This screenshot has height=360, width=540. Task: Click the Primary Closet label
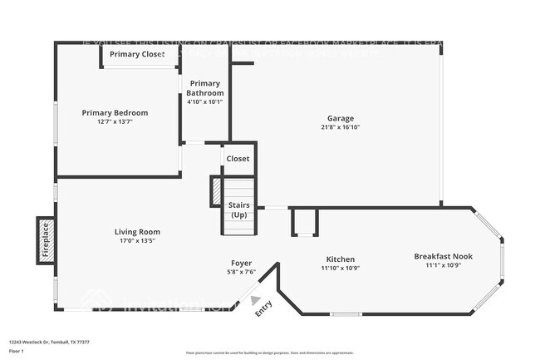(x=137, y=55)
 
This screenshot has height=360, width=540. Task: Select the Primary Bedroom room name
(x=115, y=112)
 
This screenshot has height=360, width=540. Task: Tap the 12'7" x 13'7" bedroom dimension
(x=115, y=121)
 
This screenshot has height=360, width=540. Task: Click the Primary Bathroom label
(x=206, y=88)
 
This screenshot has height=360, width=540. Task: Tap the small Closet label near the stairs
(x=238, y=159)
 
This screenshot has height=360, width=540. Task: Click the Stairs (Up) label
(x=239, y=209)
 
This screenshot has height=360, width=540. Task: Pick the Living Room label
(x=137, y=232)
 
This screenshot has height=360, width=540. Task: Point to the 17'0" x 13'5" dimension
(x=137, y=241)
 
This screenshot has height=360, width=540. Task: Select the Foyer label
(x=240, y=263)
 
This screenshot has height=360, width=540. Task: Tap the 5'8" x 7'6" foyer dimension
(x=240, y=272)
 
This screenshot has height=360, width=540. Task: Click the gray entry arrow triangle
(x=256, y=301)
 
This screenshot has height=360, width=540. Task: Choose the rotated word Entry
(x=263, y=308)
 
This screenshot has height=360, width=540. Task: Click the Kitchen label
(x=339, y=259)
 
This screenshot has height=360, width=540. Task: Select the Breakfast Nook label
(x=443, y=256)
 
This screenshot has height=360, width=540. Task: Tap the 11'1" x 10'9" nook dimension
(x=443, y=265)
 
